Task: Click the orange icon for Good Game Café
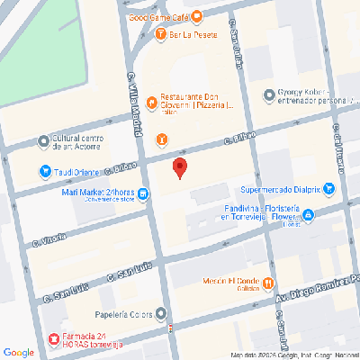pyautogui.click(x=197, y=17)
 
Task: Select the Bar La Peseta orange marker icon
pyautogui.click(x=161, y=36)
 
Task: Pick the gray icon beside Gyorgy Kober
pyautogui.click(x=267, y=94)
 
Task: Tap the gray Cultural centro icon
pyautogui.click(x=44, y=140)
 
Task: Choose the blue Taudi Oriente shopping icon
pyautogui.click(x=45, y=171)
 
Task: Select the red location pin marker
pyautogui.click(x=180, y=167)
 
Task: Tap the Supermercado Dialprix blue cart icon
pyautogui.click(x=328, y=189)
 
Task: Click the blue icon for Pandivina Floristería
pyautogui.click(x=308, y=215)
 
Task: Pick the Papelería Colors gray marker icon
pyautogui.click(x=161, y=314)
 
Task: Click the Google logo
pyautogui.click(x=18, y=352)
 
